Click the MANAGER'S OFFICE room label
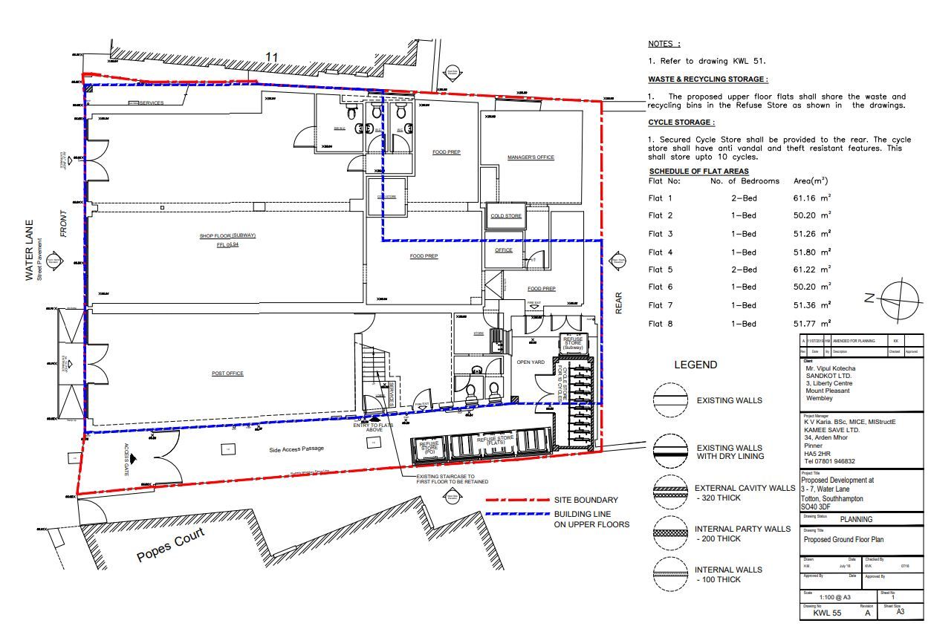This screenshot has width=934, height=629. pyautogui.click(x=531, y=157)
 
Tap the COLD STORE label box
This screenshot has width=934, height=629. pyautogui.click(x=506, y=216)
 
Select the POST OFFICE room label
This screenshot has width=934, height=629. pyautogui.click(x=227, y=374)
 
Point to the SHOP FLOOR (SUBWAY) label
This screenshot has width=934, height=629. pyautogui.click(x=227, y=236)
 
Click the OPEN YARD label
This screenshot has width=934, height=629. pyautogui.click(x=531, y=362)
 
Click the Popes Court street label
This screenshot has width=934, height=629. pyautogui.click(x=170, y=546)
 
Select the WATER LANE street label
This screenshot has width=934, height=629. pyautogui.click(x=30, y=249)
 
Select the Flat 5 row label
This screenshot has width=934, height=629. pyautogui.click(x=660, y=270)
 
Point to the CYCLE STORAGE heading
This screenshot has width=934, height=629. pyautogui.click(x=681, y=123)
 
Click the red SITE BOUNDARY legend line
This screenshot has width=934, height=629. pyautogui.click(x=516, y=500)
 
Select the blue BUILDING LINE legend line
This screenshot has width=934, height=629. pyautogui.click(x=516, y=514)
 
